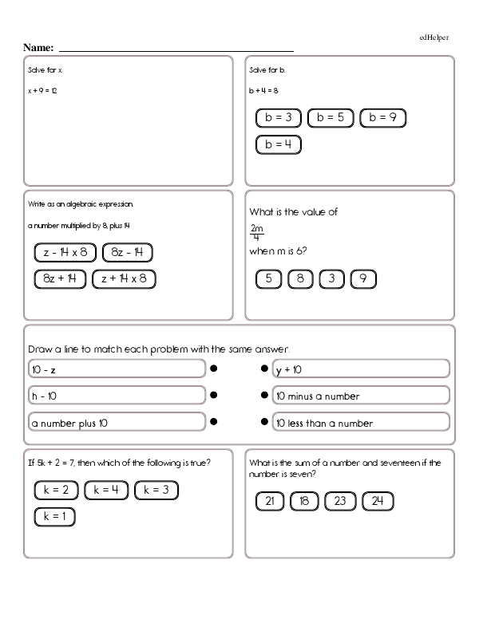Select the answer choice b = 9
coord(383,118)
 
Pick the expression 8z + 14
coord(60,278)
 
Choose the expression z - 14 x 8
coord(65,253)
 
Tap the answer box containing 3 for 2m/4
coord(331,278)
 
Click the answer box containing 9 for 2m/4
coord(362,278)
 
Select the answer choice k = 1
coord(55,516)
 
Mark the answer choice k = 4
coord(106,491)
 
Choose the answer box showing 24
coord(378,501)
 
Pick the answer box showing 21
coord(270,501)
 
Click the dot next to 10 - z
coord(214,369)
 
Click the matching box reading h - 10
coord(116,396)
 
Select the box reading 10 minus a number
coord(359,396)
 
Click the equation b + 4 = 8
coord(263,90)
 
